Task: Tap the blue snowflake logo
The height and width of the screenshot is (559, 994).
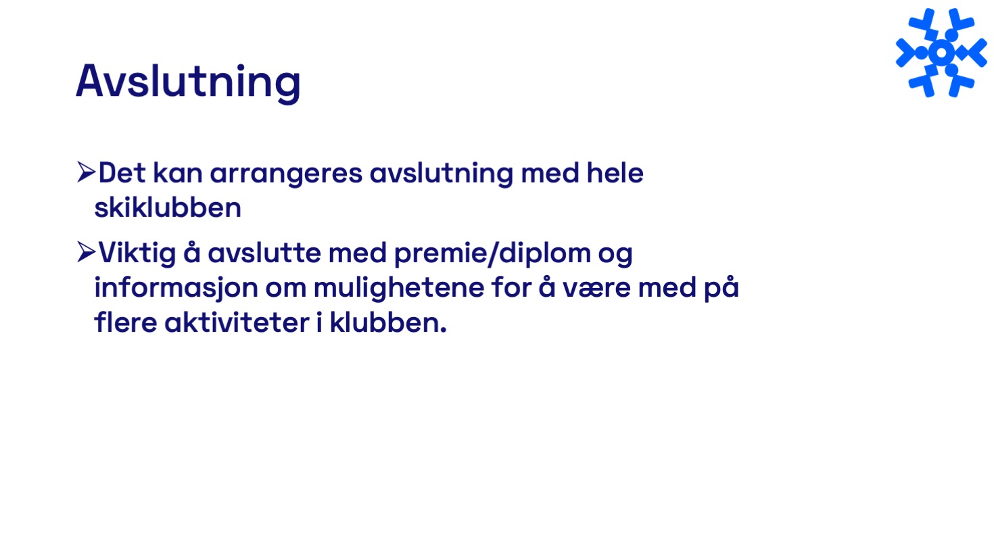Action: pos(941,52)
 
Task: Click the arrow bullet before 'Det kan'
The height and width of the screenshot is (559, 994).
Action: pos(86,172)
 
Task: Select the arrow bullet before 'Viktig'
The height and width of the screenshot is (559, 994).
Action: pos(86,252)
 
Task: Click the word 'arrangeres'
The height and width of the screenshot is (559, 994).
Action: pos(286,174)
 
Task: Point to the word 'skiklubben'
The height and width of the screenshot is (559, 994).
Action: pos(168,208)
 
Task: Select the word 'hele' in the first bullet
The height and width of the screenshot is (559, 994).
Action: pos(615,172)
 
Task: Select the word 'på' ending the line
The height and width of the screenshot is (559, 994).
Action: pos(721,287)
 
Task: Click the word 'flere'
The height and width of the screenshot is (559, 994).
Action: pos(126,322)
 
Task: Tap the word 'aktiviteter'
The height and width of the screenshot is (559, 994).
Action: pos(237,322)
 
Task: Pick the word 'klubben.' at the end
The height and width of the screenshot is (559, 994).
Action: pos(388,322)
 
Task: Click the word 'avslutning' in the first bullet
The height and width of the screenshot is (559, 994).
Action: pos(442,174)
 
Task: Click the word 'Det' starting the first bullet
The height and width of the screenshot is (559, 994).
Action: pos(122,172)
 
